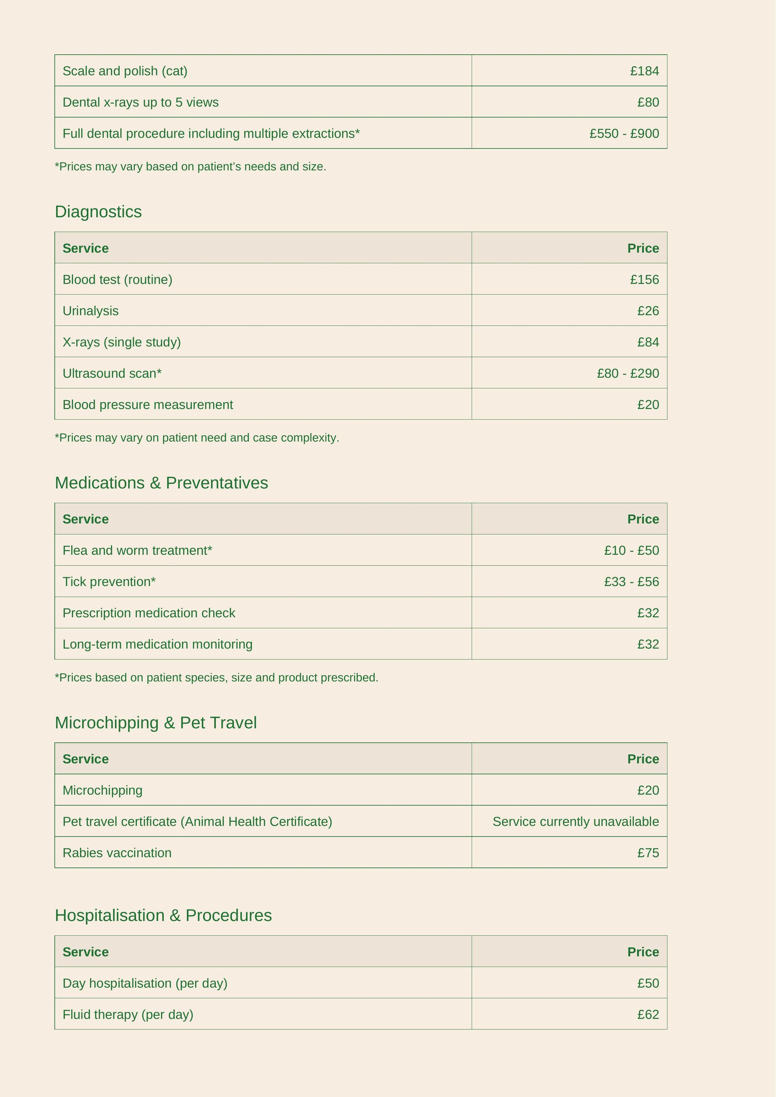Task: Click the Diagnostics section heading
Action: [98, 212]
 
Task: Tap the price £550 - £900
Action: [624, 133]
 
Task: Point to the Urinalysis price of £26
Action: [648, 311]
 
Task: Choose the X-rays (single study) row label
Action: [121, 342]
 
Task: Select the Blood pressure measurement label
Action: [148, 405]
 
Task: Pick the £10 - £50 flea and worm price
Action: [631, 550]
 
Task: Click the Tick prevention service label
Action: [109, 581]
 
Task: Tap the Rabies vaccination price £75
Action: [648, 853]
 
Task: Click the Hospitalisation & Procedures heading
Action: [163, 915]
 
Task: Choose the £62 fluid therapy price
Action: [648, 1014]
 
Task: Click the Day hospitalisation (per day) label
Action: [145, 983]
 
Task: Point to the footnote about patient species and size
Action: [216, 678]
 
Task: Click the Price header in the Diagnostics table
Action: [643, 248]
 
